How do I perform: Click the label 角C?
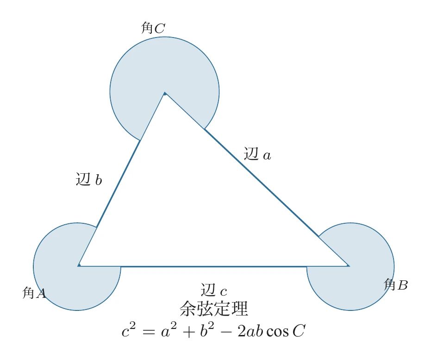click(x=153, y=29)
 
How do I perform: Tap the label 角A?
click(x=34, y=293)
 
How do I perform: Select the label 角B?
click(x=396, y=285)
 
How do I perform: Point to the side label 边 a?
click(x=257, y=154)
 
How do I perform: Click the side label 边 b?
click(x=88, y=179)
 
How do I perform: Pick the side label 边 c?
click(x=214, y=291)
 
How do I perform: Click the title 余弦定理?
click(x=214, y=309)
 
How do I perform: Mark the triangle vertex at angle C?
click(x=165, y=93)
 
